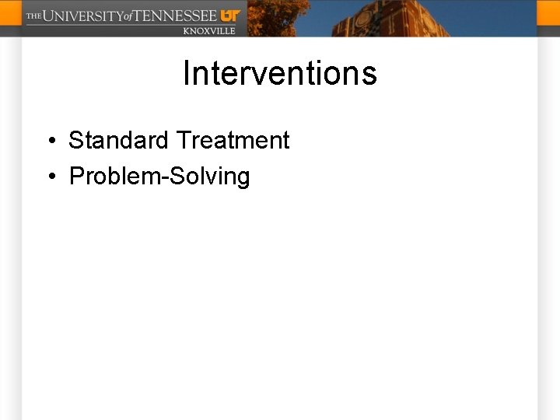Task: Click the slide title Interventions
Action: point(280,74)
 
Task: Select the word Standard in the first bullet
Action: point(118,141)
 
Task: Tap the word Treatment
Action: point(233,141)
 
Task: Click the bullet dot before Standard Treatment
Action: point(50,142)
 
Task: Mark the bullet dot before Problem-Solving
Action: point(50,177)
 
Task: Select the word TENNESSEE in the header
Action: point(176,16)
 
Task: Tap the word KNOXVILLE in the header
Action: point(208,30)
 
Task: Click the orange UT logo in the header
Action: point(230,15)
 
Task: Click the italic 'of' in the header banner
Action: point(128,16)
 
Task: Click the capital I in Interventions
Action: point(187,74)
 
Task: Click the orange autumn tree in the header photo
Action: point(276,17)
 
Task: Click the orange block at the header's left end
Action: point(10,18)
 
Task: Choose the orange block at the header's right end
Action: point(548,18)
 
